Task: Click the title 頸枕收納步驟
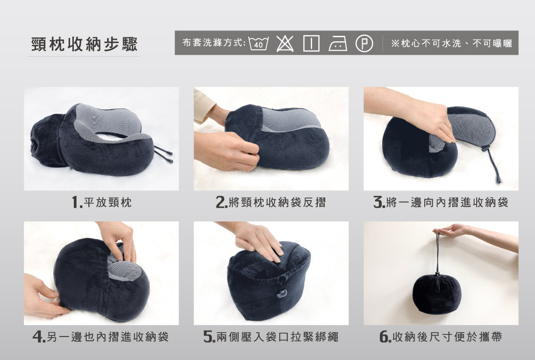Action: [85, 44]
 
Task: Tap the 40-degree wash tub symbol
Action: [258, 43]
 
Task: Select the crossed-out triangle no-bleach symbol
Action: [285, 43]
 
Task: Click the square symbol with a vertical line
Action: [311, 43]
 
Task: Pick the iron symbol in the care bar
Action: [338, 44]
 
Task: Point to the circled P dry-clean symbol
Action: [364, 44]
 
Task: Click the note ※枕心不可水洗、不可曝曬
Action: [452, 43]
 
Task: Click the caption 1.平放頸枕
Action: [102, 202]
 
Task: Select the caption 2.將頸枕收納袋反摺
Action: [271, 202]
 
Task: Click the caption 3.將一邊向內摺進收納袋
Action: [441, 202]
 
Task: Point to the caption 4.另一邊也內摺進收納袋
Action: [101, 337]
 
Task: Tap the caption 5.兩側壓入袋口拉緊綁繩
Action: [271, 337]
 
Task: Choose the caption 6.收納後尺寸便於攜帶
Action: [441, 337]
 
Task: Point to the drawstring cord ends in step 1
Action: [163, 154]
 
